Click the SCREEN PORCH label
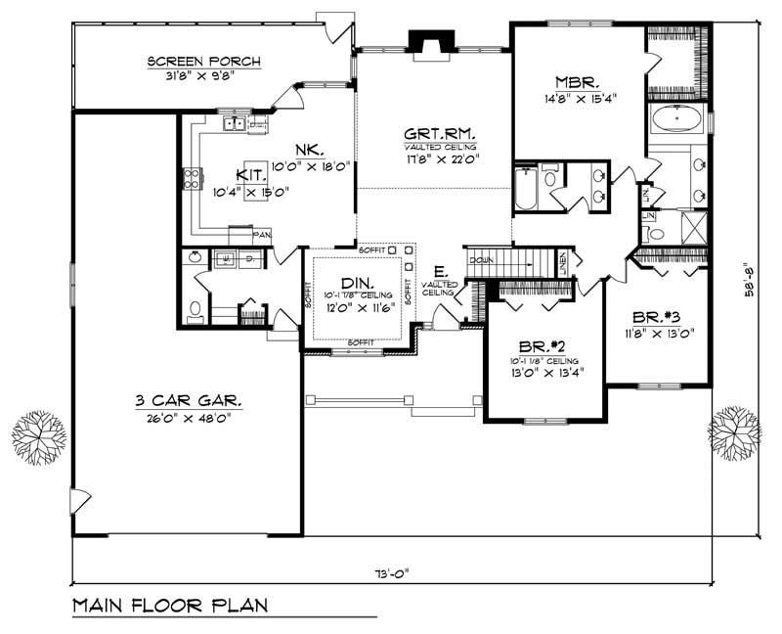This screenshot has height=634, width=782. click(204, 62)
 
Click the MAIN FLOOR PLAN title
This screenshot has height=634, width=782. click(172, 607)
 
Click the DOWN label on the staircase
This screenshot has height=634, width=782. click(481, 261)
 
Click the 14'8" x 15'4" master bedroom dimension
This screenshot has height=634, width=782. click(571, 99)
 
